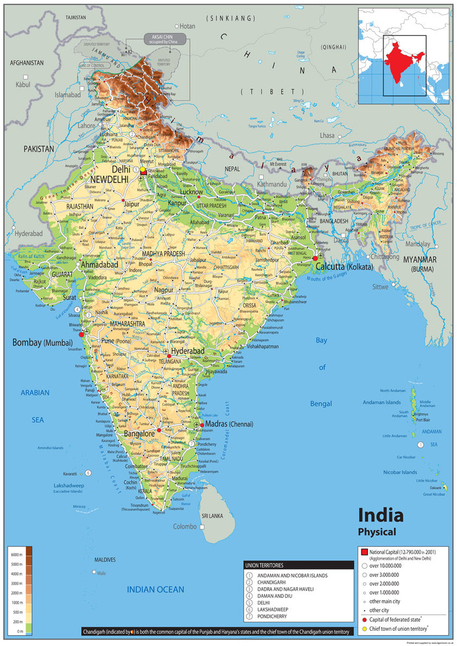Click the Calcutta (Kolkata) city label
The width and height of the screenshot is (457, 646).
point(344,267)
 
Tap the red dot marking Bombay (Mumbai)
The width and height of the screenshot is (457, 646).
point(82,334)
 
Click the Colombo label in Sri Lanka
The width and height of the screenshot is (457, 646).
point(185,527)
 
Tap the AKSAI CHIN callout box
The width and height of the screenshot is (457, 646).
point(165,39)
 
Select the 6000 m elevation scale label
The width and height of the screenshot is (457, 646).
point(15,554)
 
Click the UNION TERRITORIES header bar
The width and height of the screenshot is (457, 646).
point(299,565)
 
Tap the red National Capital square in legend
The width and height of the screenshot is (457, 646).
point(364,552)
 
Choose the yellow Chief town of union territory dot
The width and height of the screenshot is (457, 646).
point(364,629)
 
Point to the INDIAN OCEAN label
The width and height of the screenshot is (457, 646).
point(155,590)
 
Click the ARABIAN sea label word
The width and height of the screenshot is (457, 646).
point(35,392)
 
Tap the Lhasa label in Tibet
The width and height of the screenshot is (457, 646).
point(327,135)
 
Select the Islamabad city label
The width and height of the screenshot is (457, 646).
point(67,94)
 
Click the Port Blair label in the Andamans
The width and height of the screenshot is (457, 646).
point(422,420)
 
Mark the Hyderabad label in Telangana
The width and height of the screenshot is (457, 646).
point(187,351)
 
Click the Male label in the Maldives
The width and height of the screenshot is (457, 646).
point(101,572)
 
